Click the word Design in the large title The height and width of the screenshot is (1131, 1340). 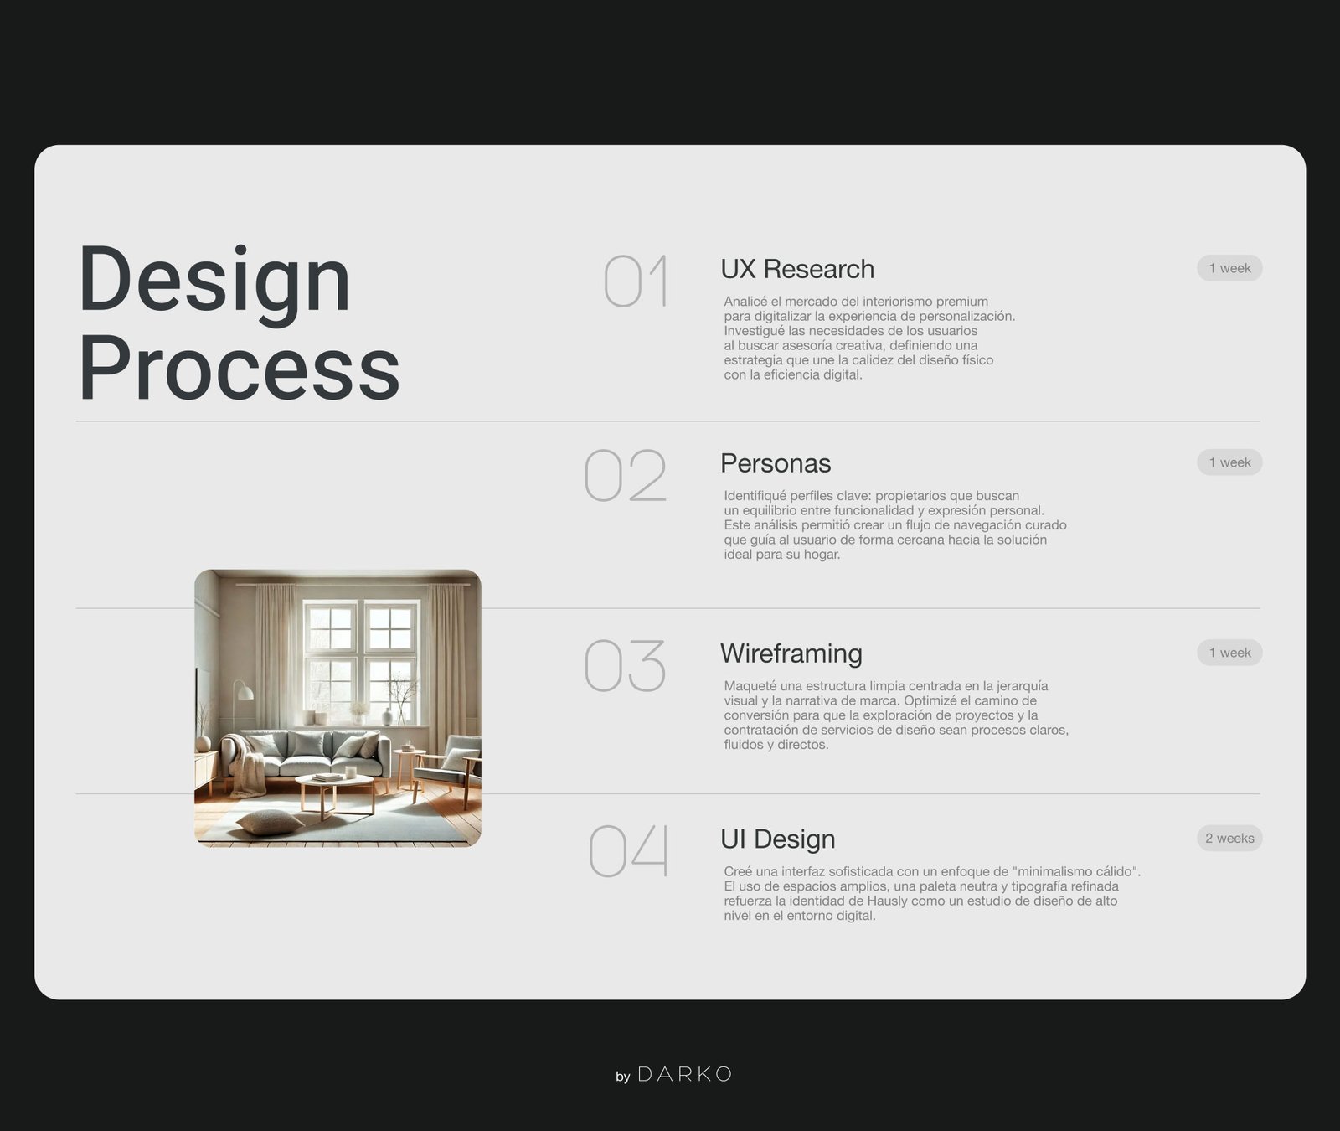pos(214,281)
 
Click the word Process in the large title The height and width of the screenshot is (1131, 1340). pos(240,368)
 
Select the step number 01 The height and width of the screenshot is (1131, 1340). pos(636,281)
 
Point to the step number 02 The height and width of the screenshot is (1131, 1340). pos(626,475)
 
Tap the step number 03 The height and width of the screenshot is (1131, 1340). pos(625,665)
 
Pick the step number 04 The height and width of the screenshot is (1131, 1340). pos(629,850)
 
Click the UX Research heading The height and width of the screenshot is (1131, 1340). pos(797,269)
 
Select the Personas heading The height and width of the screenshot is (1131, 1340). pos(776,463)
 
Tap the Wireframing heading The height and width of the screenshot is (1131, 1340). pos(791,653)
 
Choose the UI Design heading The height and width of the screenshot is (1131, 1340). pos(778,839)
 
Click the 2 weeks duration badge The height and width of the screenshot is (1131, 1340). pos(1229,838)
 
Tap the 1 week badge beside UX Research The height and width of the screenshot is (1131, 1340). pos(1229,268)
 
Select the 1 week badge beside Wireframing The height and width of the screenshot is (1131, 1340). pos(1229,653)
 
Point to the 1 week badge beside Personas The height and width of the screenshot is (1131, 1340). pos(1229,462)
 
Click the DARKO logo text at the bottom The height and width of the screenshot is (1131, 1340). pos(685,1074)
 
